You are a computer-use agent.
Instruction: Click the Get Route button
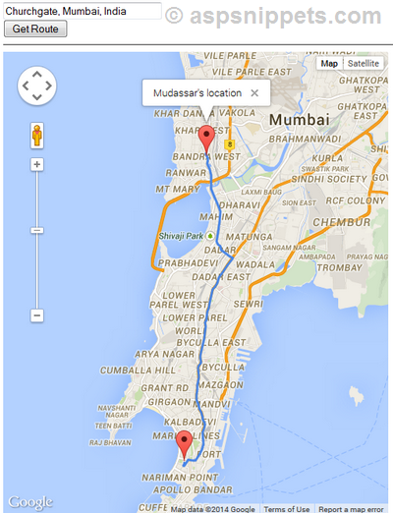coord(35,28)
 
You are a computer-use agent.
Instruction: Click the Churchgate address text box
coord(82,11)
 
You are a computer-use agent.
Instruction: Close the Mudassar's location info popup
coord(254,92)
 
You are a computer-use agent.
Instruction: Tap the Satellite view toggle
coord(363,63)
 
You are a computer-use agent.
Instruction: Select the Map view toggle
coord(329,63)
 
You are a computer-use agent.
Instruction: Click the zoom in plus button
coord(36,164)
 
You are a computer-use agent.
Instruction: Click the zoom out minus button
coord(36,315)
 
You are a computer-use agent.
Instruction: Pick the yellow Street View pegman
coord(36,134)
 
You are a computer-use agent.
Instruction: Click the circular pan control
coord(36,85)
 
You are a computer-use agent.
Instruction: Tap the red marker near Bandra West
coord(206,139)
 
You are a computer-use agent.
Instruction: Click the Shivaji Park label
coord(181,236)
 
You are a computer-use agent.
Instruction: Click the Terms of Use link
coord(287,508)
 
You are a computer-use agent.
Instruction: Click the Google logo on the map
coord(29,502)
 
